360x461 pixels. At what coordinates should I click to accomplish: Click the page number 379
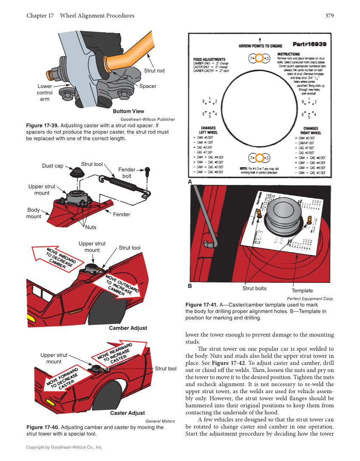(329, 16)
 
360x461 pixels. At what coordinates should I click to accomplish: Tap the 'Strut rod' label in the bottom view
(154, 70)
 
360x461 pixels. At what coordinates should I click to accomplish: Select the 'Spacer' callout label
(148, 86)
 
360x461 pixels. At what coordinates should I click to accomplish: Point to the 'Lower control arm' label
(45, 92)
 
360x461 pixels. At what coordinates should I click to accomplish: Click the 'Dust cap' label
(53, 166)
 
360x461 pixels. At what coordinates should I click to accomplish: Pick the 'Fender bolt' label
(127, 173)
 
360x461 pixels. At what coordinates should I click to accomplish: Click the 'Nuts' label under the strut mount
(91, 227)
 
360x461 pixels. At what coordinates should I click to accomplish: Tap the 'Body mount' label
(34, 213)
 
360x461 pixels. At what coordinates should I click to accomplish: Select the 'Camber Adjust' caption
(128, 328)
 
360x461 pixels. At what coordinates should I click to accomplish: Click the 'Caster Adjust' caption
(127, 413)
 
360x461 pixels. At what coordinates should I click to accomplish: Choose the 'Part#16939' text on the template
(309, 44)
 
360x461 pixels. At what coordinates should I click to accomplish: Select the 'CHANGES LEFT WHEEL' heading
(208, 130)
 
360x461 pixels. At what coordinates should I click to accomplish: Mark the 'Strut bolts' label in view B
(254, 288)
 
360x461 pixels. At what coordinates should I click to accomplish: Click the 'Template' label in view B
(302, 291)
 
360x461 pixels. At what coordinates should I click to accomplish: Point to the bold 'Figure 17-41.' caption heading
(201, 305)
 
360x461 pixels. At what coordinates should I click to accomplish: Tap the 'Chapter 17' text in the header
(40, 16)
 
